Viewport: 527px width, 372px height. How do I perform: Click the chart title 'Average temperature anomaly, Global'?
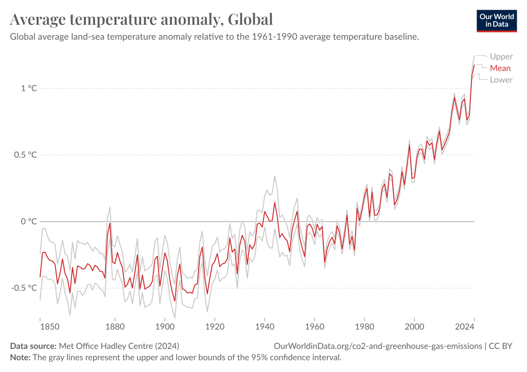(141, 20)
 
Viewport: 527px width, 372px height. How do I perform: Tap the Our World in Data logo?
(497, 20)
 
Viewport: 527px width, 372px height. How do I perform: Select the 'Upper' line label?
(501, 57)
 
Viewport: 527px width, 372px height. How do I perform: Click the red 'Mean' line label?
(500, 68)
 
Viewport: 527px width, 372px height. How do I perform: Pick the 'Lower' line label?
(501, 79)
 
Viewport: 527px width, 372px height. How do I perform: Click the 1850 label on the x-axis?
(40, 327)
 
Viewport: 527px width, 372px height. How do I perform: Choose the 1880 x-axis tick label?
(115, 327)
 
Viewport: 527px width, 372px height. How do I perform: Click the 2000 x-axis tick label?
(414, 327)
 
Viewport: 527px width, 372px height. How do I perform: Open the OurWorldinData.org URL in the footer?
(378, 346)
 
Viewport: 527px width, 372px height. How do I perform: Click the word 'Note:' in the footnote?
(21, 357)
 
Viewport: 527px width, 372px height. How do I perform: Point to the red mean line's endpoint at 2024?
(474, 65)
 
